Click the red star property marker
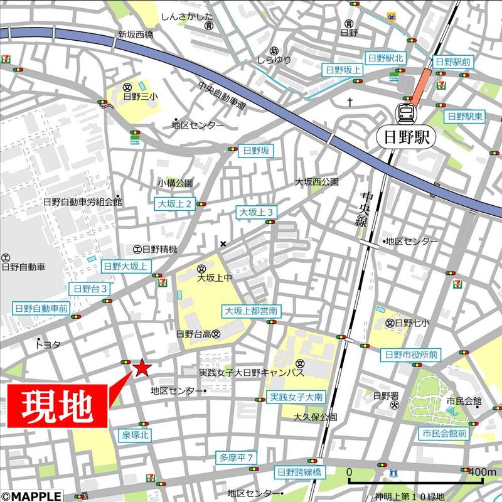141,368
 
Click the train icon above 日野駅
405,114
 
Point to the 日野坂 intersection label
255,150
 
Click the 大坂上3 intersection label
255,213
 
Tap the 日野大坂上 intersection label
126,266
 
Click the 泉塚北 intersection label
134,434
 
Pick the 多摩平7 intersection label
237,457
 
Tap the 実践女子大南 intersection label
296,397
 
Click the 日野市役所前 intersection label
411,355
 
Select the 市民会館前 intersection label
444,434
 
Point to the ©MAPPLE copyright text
27,496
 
